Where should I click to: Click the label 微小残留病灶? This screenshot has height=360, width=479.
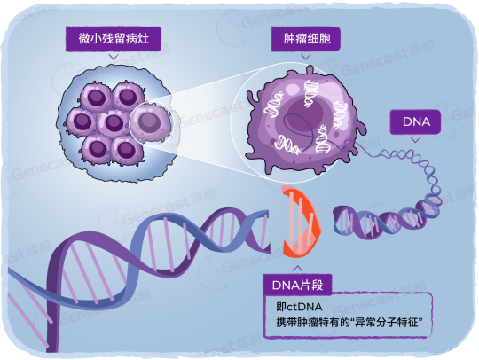(114, 39)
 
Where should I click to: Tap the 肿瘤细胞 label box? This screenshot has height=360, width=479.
(306, 39)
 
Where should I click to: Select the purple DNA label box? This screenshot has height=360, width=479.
(415, 121)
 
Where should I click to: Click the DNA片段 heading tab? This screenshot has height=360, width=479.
(297, 285)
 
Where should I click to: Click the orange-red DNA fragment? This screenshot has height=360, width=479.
(302, 221)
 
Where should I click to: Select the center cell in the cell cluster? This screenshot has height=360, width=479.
(114, 122)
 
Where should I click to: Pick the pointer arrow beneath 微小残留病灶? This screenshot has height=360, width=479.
(114, 57)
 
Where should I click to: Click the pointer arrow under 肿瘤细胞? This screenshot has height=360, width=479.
(306, 57)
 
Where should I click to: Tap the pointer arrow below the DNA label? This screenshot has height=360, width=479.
(415, 140)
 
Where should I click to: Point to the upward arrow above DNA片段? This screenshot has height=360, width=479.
(297, 269)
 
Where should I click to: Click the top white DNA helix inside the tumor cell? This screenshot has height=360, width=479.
(311, 93)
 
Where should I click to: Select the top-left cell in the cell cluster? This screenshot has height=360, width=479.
(96, 98)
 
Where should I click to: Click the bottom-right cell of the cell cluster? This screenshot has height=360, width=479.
(126, 150)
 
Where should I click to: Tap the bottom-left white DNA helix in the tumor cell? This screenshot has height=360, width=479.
(287, 145)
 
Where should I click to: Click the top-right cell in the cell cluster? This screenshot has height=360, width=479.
(129, 96)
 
